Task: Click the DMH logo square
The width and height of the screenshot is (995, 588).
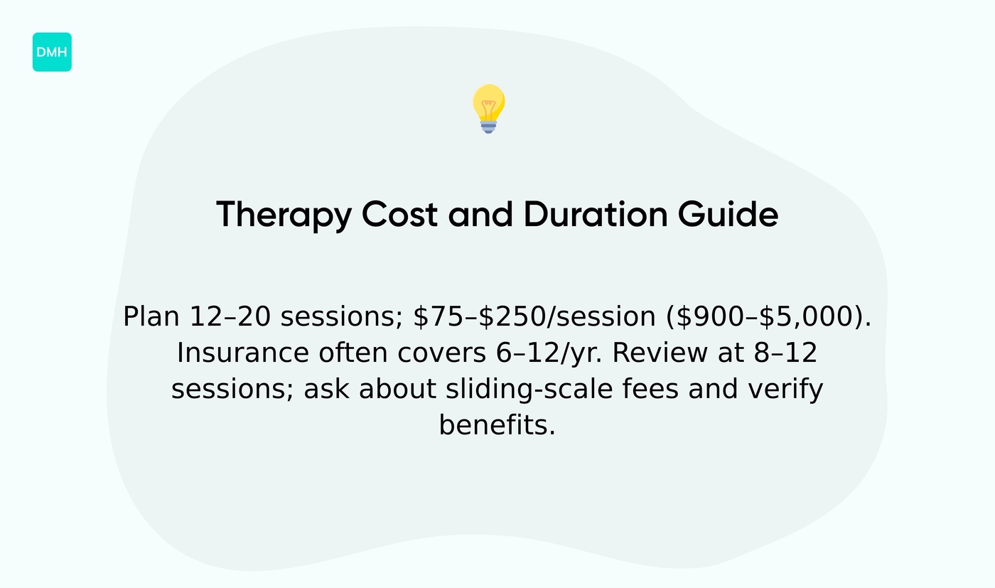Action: pos(52,52)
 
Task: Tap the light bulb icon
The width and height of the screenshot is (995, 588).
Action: pos(488,107)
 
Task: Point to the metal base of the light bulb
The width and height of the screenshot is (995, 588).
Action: pos(488,127)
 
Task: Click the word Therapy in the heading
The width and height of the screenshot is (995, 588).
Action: pos(283,215)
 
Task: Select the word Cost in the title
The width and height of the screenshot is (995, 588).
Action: pos(399,214)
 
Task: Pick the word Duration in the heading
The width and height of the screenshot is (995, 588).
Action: pos(595,214)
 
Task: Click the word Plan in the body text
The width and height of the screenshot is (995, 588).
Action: pos(151,317)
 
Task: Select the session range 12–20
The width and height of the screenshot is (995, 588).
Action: pos(230,317)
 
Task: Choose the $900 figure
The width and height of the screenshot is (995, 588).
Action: pos(711,317)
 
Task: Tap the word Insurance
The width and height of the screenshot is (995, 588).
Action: pos(242,353)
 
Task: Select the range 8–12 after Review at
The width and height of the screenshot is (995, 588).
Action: pos(785,353)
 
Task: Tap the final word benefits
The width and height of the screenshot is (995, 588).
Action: pos(497,426)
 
